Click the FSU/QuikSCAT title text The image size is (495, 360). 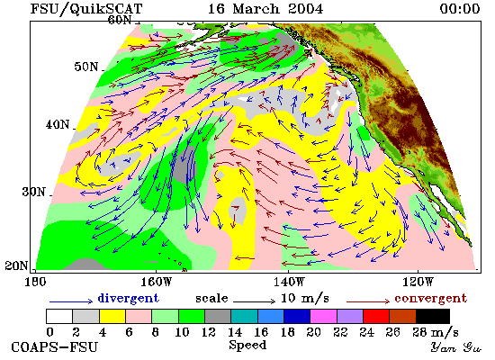point(86,8)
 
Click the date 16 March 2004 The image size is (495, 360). point(265,8)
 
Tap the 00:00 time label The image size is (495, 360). point(460,8)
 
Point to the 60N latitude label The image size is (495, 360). point(120,20)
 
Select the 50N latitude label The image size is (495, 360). point(86,67)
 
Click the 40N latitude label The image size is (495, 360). point(58,124)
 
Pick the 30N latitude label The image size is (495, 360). point(34,192)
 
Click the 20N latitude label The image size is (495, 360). point(16,265)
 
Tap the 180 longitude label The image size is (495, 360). point(35,282)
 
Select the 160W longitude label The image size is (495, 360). point(156,282)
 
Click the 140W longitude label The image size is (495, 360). point(289,282)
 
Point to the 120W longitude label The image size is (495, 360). point(418,282)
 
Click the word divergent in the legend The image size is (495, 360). point(128,298)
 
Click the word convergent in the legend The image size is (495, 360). point(430,298)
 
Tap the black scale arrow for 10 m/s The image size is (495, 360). point(255,301)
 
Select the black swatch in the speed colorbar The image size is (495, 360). point(433,316)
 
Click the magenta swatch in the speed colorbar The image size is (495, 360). point(323,316)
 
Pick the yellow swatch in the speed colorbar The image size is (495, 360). point(112,316)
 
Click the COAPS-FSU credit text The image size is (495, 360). point(54,346)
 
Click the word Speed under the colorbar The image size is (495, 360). point(247,346)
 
